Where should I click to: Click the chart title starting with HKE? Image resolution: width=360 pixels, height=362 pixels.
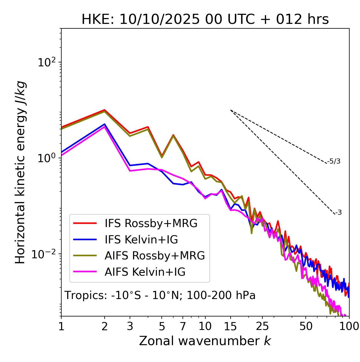pyautogui.click(x=205, y=20)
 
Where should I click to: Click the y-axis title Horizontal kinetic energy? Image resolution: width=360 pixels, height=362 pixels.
pyautogui.click(x=20, y=172)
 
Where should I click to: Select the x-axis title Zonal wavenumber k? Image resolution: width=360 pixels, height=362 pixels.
pyautogui.click(x=205, y=341)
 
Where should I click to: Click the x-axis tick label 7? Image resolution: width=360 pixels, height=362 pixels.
pyautogui.click(x=183, y=326)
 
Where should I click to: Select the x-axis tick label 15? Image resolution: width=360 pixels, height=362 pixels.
pyautogui.click(x=230, y=326)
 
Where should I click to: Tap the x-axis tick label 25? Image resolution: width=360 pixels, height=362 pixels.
pyautogui.click(x=262, y=326)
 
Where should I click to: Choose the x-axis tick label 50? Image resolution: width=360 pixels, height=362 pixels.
pyautogui.click(x=306, y=326)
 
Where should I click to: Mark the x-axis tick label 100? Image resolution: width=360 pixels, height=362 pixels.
pyautogui.click(x=349, y=326)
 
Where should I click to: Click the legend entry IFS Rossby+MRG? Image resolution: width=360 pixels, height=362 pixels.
pyautogui.click(x=151, y=223)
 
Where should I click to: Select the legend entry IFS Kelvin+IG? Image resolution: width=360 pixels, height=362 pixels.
pyautogui.click(x=141, y=240)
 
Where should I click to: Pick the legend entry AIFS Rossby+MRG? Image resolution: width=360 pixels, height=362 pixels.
pyautogui.click(x=155, y=256)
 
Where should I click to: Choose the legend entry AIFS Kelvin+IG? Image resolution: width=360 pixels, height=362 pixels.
pyautogui.click(x=145, y=272)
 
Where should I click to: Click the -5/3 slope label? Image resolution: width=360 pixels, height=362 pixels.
pyautogui.click(x=334, y=161)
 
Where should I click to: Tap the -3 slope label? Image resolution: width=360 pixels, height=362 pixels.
pyautogui.click(x=338, y=213)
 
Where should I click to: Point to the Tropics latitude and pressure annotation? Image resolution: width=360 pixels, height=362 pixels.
pyautogui.click(x=160, y=296)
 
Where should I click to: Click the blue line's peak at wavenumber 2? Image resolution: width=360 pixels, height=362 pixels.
pyautogui.click(x=105, y=124)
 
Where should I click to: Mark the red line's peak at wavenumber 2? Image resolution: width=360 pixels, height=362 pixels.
pyautogui.click(x=105, y=110)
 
